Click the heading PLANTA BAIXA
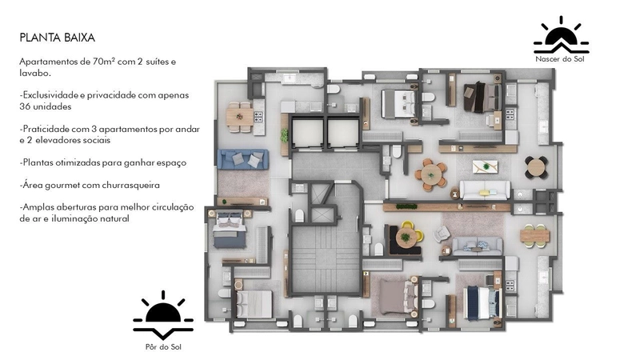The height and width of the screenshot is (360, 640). point(57,38)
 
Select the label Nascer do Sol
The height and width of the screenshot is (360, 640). point(560,59)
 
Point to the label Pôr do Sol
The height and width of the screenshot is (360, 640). point(163,347)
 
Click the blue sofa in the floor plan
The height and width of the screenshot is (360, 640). point(243,159)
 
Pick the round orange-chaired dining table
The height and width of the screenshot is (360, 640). point(430,174)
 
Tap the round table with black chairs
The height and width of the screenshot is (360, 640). point(536,167)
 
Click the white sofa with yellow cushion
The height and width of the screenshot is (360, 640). point(485,190)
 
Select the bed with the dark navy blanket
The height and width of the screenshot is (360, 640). point(483,302)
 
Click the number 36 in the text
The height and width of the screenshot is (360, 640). point(25,106)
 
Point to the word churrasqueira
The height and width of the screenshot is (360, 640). point(130,186)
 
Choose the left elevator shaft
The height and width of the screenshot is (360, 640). point(307,132)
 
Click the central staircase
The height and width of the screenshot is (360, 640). point(326,258)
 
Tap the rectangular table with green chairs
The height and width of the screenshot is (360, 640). point(534,236)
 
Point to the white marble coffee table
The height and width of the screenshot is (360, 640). point(486,167)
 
